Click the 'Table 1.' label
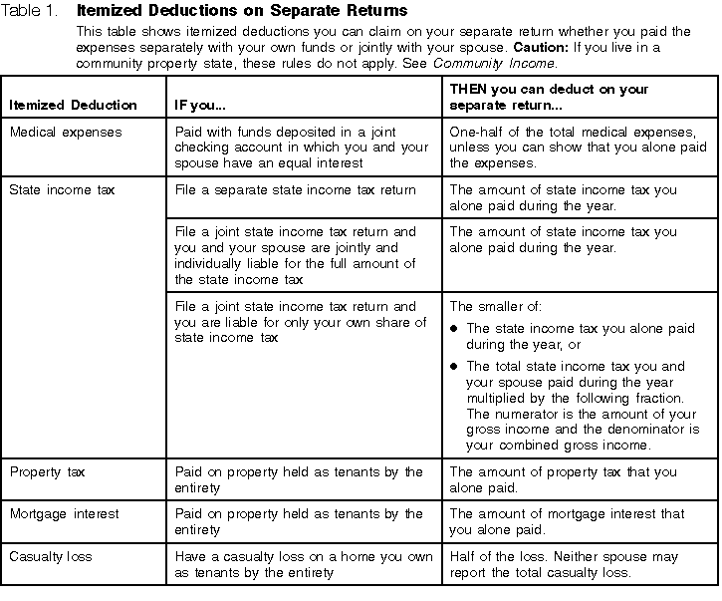point(31,11)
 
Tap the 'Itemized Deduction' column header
point(73,105)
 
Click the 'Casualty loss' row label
point(50,556)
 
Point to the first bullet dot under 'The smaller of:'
point(455,328)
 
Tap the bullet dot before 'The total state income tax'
point(455,367)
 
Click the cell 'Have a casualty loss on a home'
point(297,564)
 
